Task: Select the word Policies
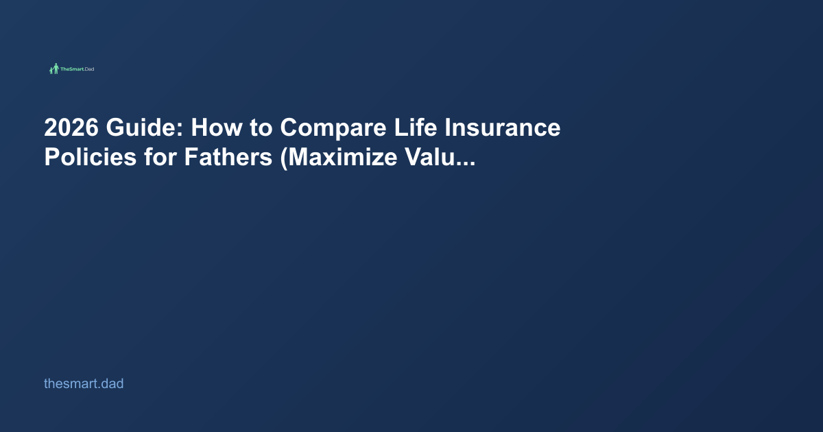coord(88,158)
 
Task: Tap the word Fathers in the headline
coord(227,158)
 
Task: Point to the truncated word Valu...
coord(431,158)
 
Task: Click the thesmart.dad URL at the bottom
coord(84,384)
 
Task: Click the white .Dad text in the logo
coord(88,69)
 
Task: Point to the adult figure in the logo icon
coord(56,69)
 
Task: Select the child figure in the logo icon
coord(51,71)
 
